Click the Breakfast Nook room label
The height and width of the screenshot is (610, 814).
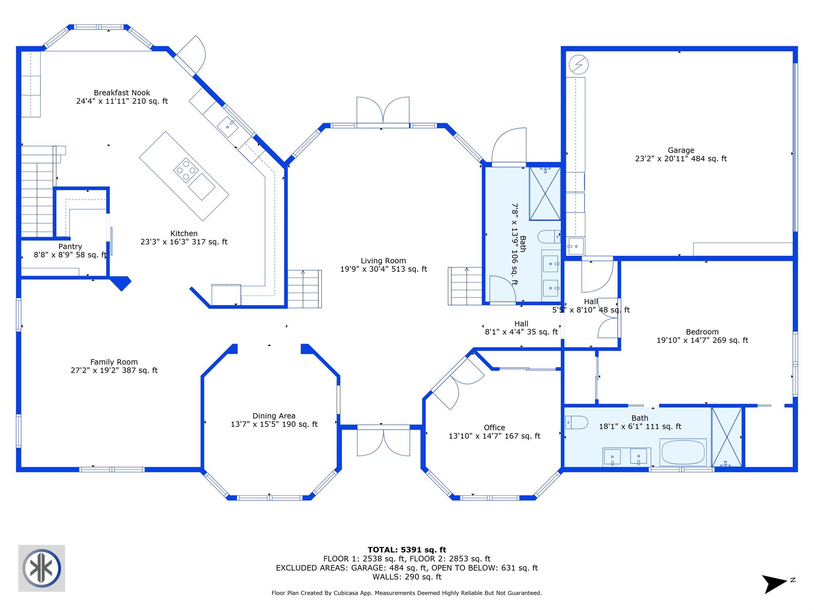[122, 93]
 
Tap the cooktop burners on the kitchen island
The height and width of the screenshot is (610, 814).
[186, 170]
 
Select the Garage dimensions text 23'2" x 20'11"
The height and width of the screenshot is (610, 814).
[680, 159]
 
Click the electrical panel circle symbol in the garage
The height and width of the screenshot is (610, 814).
[578, 64]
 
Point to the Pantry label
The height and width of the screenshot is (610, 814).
[70, 247]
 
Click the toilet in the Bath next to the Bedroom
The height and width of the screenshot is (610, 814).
[576, 422]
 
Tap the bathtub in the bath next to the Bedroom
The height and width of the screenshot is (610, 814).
[683, 452]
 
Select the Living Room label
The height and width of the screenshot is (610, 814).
[383, 261]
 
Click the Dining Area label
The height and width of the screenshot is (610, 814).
[274, 416]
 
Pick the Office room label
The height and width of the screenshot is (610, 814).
[494, 428]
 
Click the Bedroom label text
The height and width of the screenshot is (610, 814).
[702, 332]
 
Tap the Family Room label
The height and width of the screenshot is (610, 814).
[114, 362]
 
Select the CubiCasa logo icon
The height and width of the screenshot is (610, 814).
[42, 568]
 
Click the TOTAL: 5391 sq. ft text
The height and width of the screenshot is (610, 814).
[407, 550]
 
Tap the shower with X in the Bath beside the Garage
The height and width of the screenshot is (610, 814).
[545, 194]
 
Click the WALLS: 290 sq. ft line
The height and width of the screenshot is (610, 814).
[407, 577]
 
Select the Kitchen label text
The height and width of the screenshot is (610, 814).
[184, 234]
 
